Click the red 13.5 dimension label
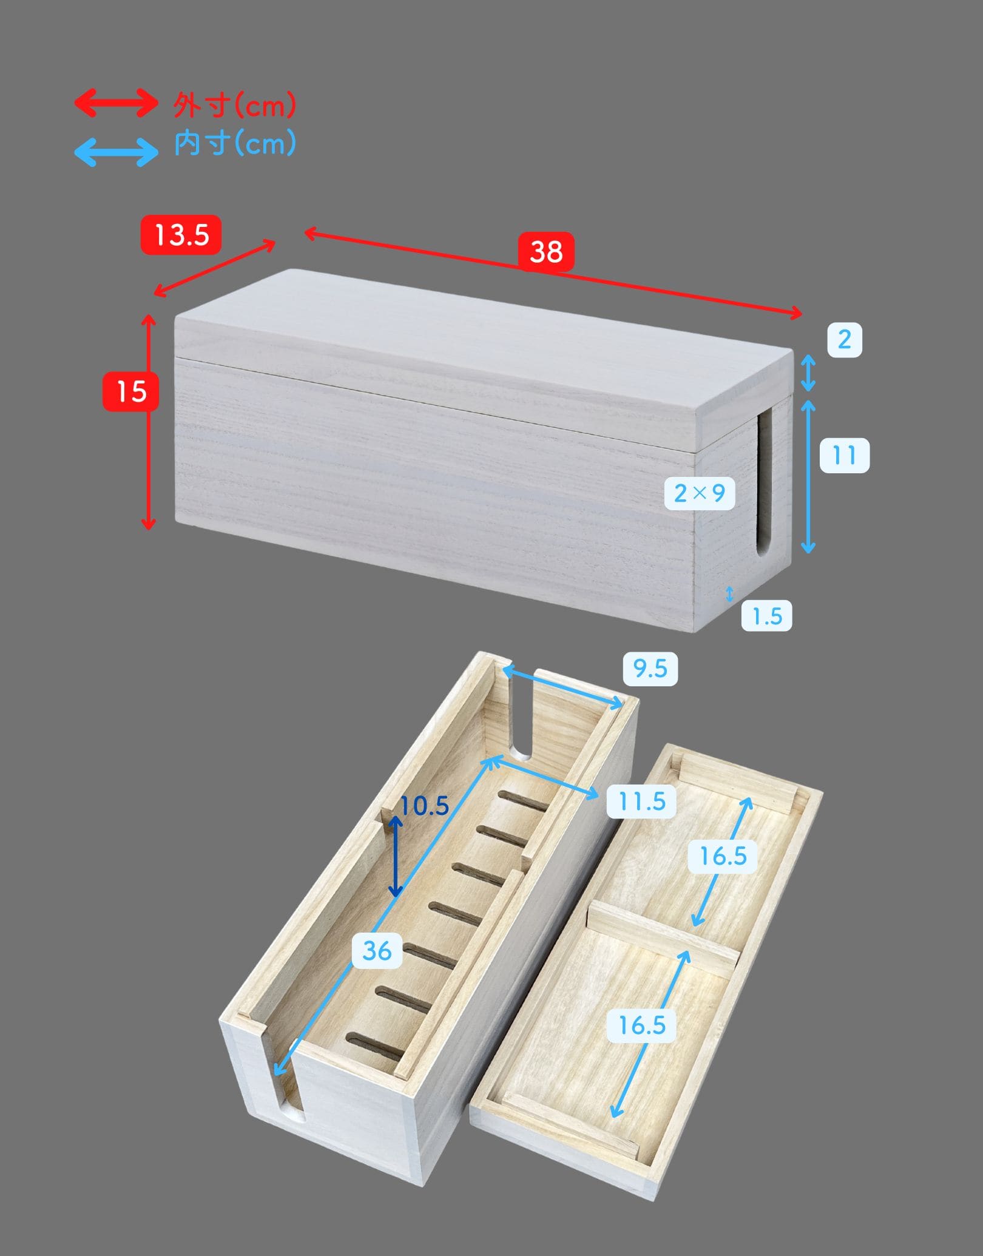click(181, 235)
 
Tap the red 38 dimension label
click(546, 251)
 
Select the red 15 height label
click(131, 391)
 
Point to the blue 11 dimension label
click(844, 454)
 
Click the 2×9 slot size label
click(700, 493)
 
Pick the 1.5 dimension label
click(767, 616)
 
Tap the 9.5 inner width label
click(650, 669)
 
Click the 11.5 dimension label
click(642, 801)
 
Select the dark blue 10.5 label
click(424, 806)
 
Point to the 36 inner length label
click(377, 951)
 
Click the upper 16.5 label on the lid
click(723, 856)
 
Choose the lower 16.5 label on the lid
click(642, 1025)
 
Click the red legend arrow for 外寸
click(116, 103)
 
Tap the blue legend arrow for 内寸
click(116, 151)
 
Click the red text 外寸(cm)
click(235, 106)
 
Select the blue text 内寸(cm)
click(235, 144)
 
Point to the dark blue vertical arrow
click(395, 856)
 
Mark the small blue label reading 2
click(844, 339)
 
